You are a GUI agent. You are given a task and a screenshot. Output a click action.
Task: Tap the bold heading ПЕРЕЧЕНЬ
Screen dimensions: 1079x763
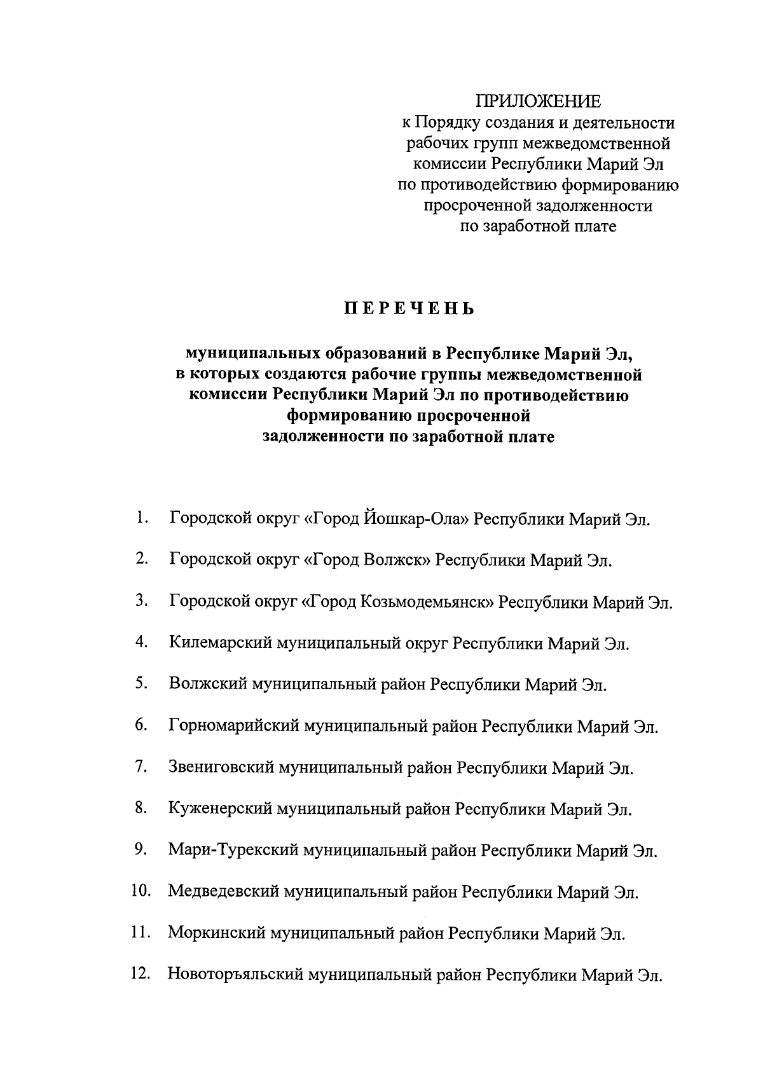coord(409,310)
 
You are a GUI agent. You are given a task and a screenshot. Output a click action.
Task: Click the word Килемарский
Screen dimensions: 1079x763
coord(221,643)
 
